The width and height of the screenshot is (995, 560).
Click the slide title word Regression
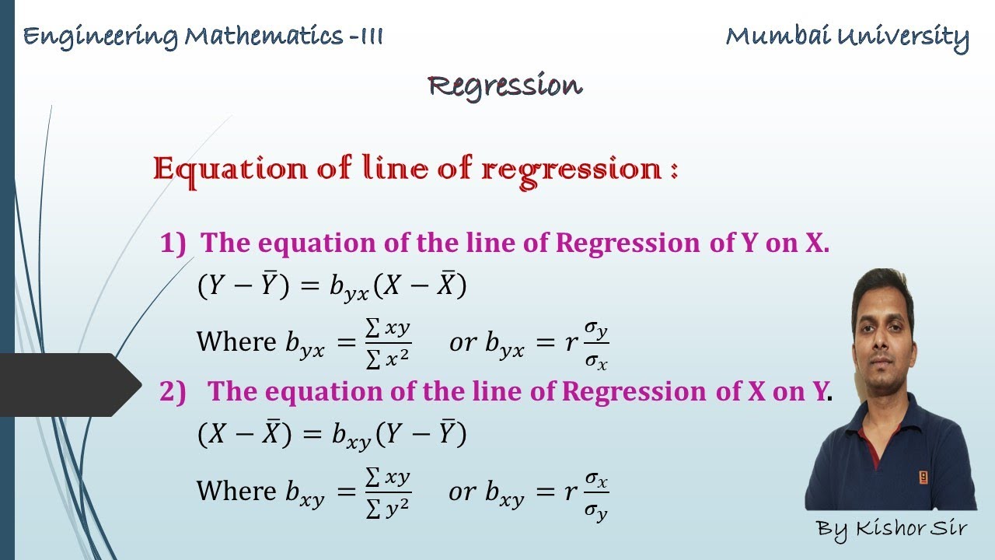coord(504,86)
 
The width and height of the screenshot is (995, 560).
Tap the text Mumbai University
coord(847,37)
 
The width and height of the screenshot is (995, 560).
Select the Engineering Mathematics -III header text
coord(203,37)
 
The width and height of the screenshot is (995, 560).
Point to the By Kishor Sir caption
coord(892,529)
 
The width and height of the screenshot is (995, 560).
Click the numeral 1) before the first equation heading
coord(173,243)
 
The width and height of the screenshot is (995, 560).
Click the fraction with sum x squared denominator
coord(387,342)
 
